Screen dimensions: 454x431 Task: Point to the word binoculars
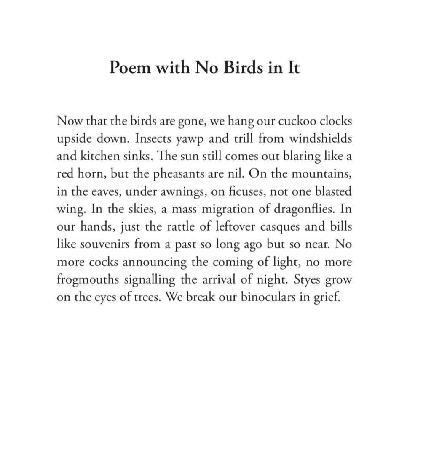(x=270, y=297)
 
